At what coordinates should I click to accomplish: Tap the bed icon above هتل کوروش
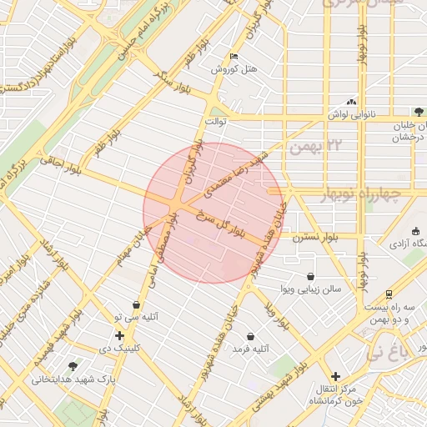point(234,57)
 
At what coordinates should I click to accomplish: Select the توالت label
point(217,121)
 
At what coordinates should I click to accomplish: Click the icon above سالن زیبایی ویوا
point(311,276)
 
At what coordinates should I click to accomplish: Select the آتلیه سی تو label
point(135,318)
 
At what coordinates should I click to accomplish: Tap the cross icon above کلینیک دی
point(120,334)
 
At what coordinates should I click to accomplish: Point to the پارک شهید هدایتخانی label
point(65,379)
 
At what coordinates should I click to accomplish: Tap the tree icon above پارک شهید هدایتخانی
point(73,365)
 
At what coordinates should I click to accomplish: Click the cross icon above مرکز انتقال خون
point(335,376)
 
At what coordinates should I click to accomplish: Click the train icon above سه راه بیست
point(389,294)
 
